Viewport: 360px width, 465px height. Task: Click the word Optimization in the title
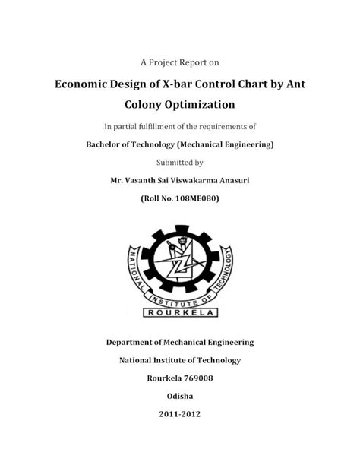point(204,103)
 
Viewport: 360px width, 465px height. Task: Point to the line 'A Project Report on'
point(180,61)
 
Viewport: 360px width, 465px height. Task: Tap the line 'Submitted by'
point(179,162)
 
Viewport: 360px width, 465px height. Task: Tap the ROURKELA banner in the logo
point(180,312)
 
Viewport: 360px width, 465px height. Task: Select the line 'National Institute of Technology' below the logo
point(180,360)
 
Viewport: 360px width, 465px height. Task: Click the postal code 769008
point(196,379)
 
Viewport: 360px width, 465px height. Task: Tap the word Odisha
point(180,397)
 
